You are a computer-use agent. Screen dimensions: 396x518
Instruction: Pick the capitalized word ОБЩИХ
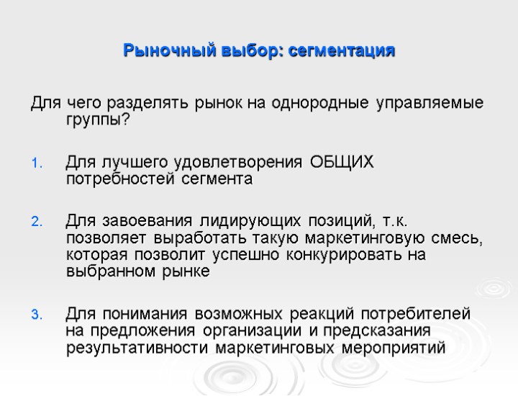(342, 161)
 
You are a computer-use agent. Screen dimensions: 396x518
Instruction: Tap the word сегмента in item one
(217, 178)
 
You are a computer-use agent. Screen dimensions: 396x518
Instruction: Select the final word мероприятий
(393, 348)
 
